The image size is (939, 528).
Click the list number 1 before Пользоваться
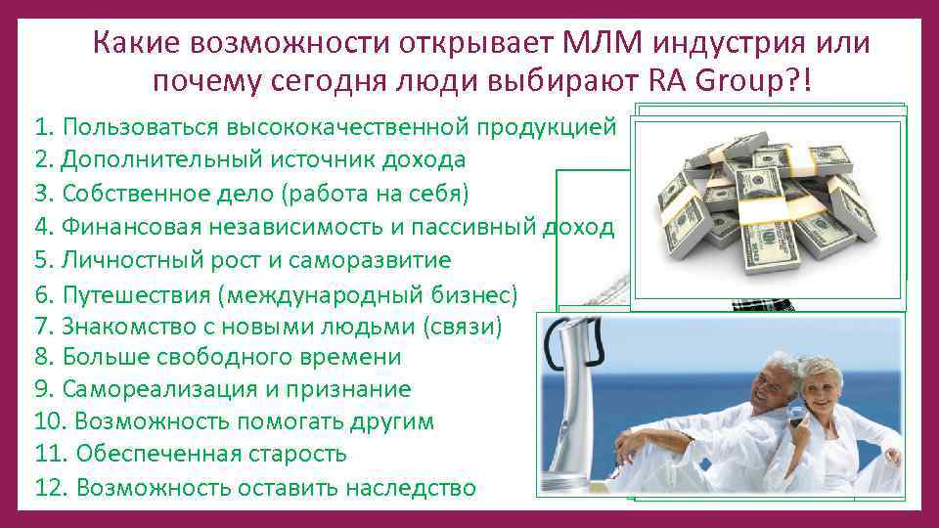[x=41, y=127]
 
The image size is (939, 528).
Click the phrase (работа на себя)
[x=375, y=193]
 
